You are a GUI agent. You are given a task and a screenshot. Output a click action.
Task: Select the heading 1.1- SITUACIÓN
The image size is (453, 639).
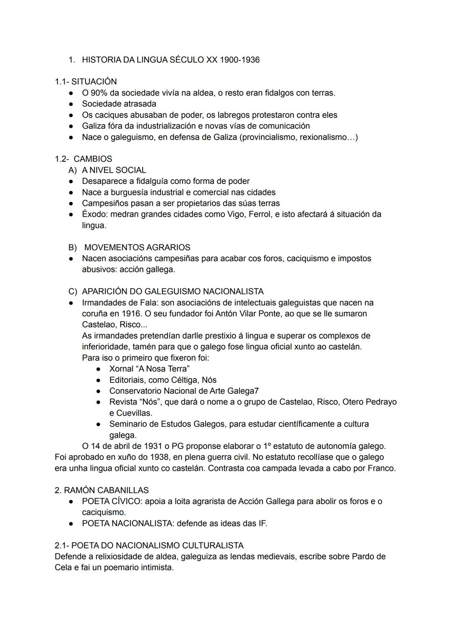coord(86,82)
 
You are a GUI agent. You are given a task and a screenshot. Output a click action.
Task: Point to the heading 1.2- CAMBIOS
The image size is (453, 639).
coord(83,159)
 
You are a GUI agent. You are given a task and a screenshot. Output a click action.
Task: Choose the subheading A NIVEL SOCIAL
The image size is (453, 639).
coord(114,170)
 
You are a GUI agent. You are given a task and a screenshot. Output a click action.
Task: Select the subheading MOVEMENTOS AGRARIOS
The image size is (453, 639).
coord(137,248)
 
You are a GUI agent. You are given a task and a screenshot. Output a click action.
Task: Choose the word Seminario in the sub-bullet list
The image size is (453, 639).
coord(128,424)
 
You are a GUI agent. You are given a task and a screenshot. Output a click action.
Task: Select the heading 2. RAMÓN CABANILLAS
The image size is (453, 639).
coord(102,490)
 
